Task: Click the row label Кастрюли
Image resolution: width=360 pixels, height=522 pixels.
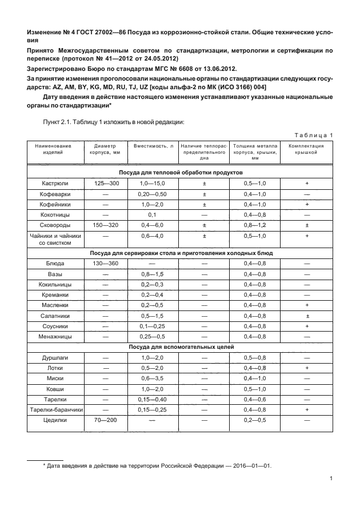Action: click(56, 183)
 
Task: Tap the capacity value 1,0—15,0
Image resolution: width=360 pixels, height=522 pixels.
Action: click(152, 183)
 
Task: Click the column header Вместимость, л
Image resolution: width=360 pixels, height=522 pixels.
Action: click(153, 146)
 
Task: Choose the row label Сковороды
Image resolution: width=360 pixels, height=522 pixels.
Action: click(56, 225)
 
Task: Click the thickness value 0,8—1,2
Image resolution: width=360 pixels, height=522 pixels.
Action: click(255, 225)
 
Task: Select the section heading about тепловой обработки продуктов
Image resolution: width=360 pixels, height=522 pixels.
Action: click(181, 172)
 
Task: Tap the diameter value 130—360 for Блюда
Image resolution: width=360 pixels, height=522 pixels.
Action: click(105, 264)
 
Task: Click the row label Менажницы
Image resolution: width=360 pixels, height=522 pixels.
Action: click(56, 336)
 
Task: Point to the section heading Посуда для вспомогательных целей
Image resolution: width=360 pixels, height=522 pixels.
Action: click(181, 346)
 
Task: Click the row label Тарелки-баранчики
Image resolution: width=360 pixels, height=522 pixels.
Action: click(56, 410)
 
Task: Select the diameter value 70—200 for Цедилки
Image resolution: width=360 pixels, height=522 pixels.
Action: click(105, 420)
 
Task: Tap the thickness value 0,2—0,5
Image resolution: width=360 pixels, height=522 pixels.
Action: click(255, 420)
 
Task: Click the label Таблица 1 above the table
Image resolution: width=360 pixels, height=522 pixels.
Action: click(313, 135)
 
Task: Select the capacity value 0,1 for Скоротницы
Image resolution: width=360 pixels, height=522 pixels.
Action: click(152, 214)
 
